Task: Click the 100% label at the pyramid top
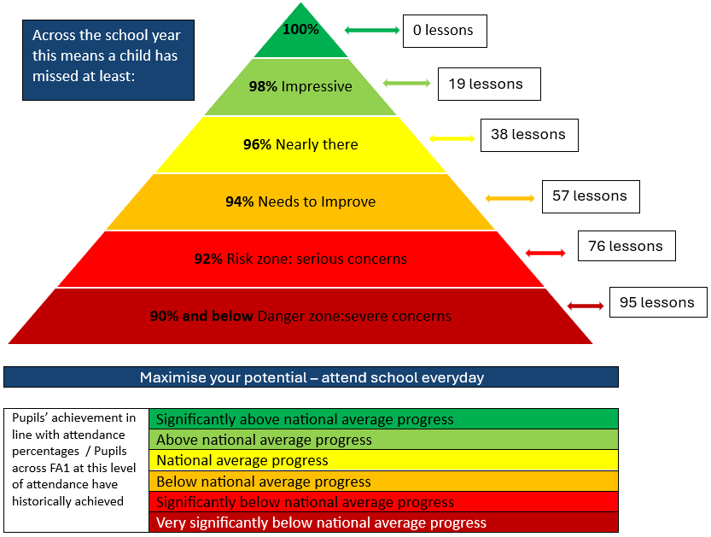coord(300,30)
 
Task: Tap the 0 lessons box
coord(445,31)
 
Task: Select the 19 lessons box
coord(489,84)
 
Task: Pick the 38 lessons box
coord(529,135)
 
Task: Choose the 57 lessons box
coord(591,197)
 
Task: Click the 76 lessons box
coord(626,246)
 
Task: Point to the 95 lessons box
coord(658,302)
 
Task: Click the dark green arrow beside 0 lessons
coord(372,31)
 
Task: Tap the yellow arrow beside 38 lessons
coord(452,138)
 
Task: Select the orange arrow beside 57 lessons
coord(510,198)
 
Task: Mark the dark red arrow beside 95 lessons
coord(586,306)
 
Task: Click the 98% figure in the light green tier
coord(263,86)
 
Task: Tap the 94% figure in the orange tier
coord(239,201)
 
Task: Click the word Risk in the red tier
coord(237,259)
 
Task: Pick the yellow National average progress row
coord(383,460)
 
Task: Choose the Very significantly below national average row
coord(383,522)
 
